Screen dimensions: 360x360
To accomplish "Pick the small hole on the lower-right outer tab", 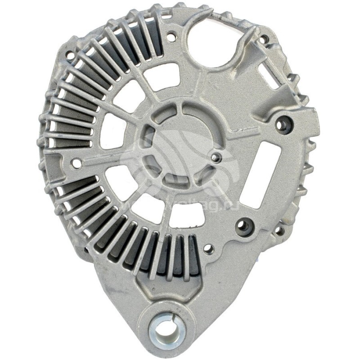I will click(279, 230).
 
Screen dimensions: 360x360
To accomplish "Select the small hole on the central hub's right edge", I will click(217, 157).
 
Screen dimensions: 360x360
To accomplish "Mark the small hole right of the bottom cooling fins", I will click(208, 248).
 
